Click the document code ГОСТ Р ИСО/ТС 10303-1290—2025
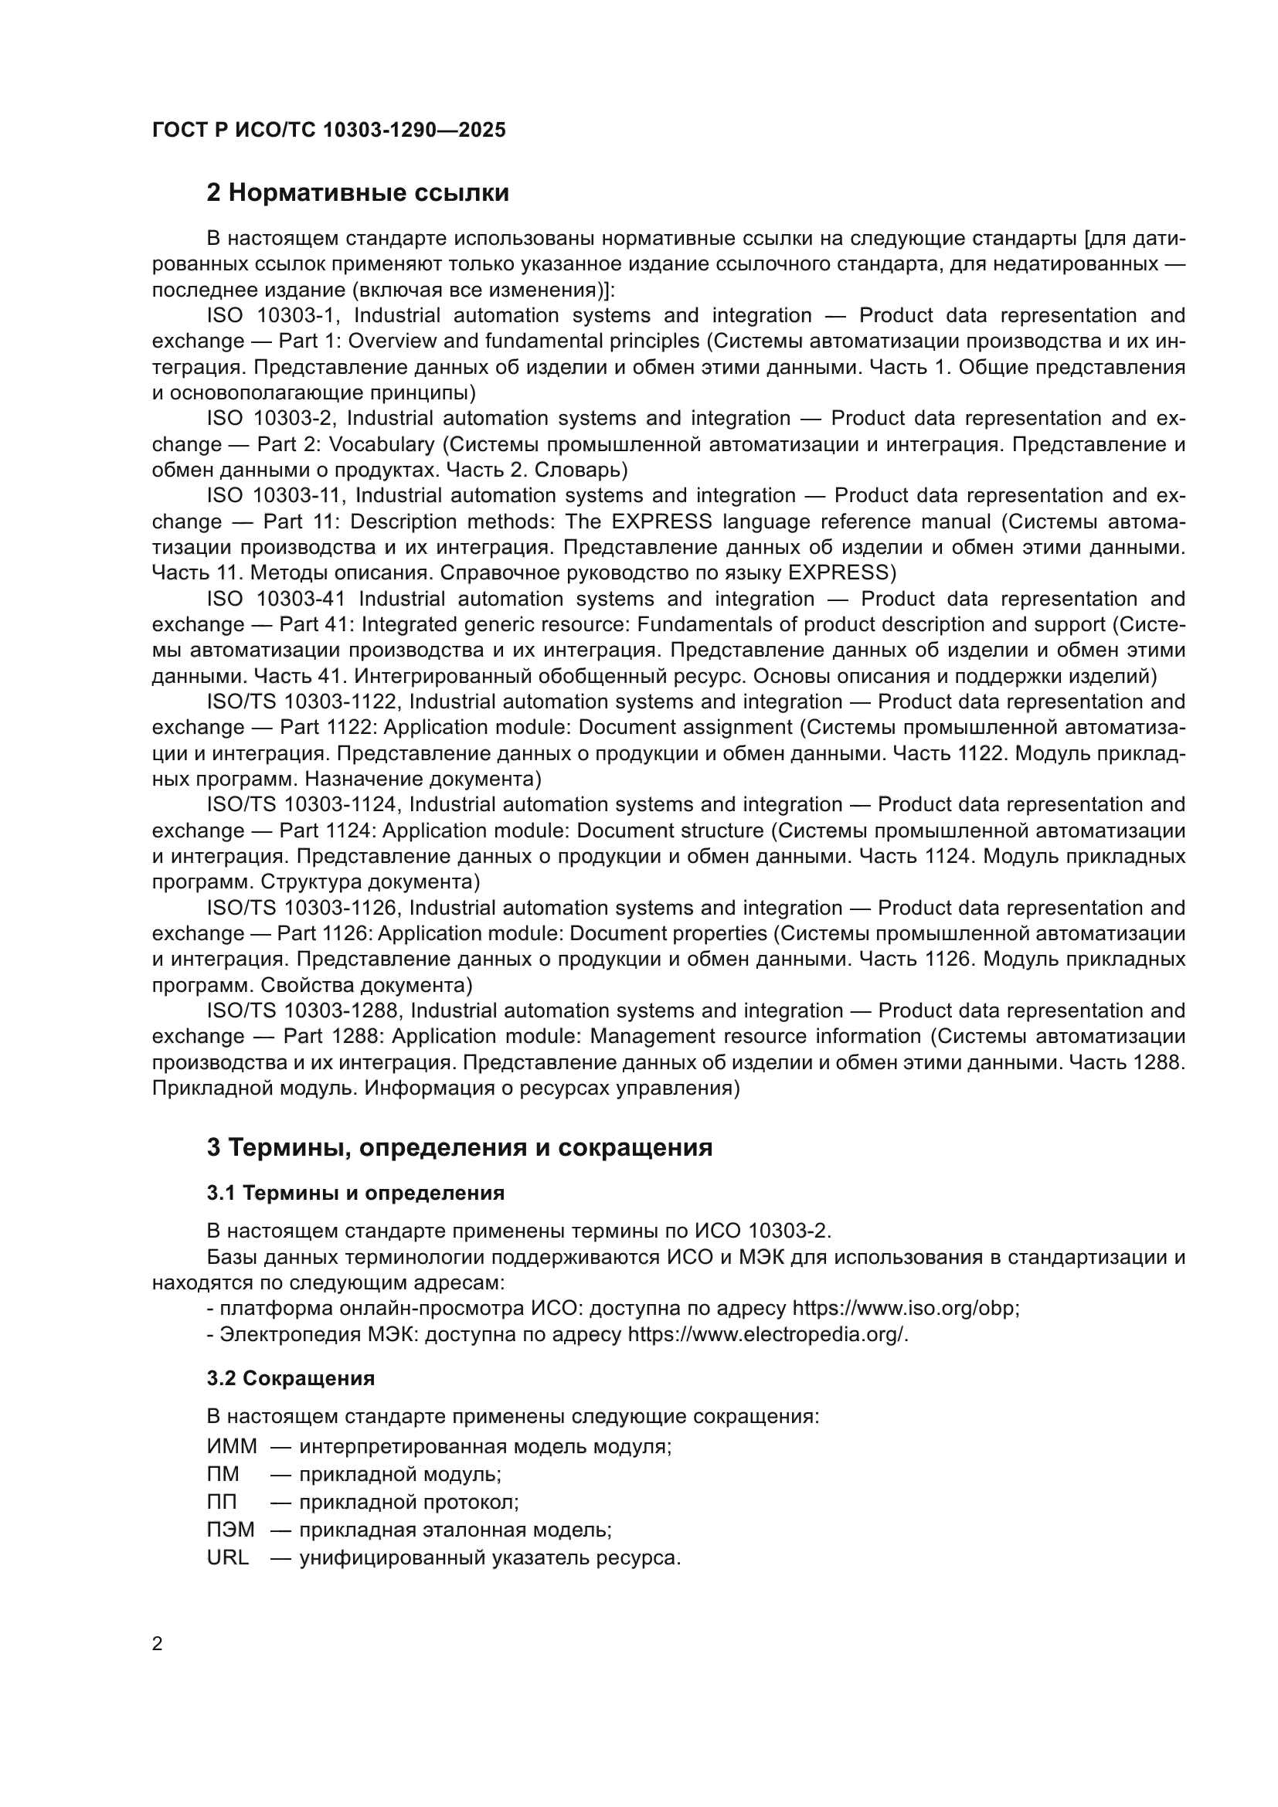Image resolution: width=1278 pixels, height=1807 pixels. pos(328,131)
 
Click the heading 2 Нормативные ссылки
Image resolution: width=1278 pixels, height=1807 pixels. pos(357,193)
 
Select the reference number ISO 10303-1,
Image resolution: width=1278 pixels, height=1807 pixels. pos(274,316)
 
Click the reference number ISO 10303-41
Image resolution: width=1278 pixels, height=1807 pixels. pos(275,599)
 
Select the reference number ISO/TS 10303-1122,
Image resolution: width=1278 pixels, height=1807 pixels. pos(304,701)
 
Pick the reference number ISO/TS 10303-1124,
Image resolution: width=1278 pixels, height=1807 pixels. pos(304,804)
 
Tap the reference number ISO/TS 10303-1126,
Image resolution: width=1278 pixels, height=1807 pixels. pos(304,908)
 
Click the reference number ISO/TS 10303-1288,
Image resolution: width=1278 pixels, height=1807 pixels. pos(304,1010)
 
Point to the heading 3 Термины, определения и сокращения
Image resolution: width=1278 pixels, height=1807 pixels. pos(459,1147)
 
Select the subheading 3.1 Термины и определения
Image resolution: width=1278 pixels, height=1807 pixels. pos(355,1193)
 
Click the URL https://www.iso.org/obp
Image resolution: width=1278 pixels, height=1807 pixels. pos(904,1309)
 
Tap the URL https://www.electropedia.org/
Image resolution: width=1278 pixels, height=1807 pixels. pos(766,1335)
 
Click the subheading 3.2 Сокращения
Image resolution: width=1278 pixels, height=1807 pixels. pos(291,1379)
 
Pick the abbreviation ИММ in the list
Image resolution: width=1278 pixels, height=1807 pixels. pos(231,1446)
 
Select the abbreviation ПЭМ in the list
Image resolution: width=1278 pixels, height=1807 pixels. pos(230,1530)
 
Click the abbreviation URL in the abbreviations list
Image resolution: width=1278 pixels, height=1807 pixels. pos(227,1557)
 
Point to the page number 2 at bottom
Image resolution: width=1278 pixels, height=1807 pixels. pos(158,1644)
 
